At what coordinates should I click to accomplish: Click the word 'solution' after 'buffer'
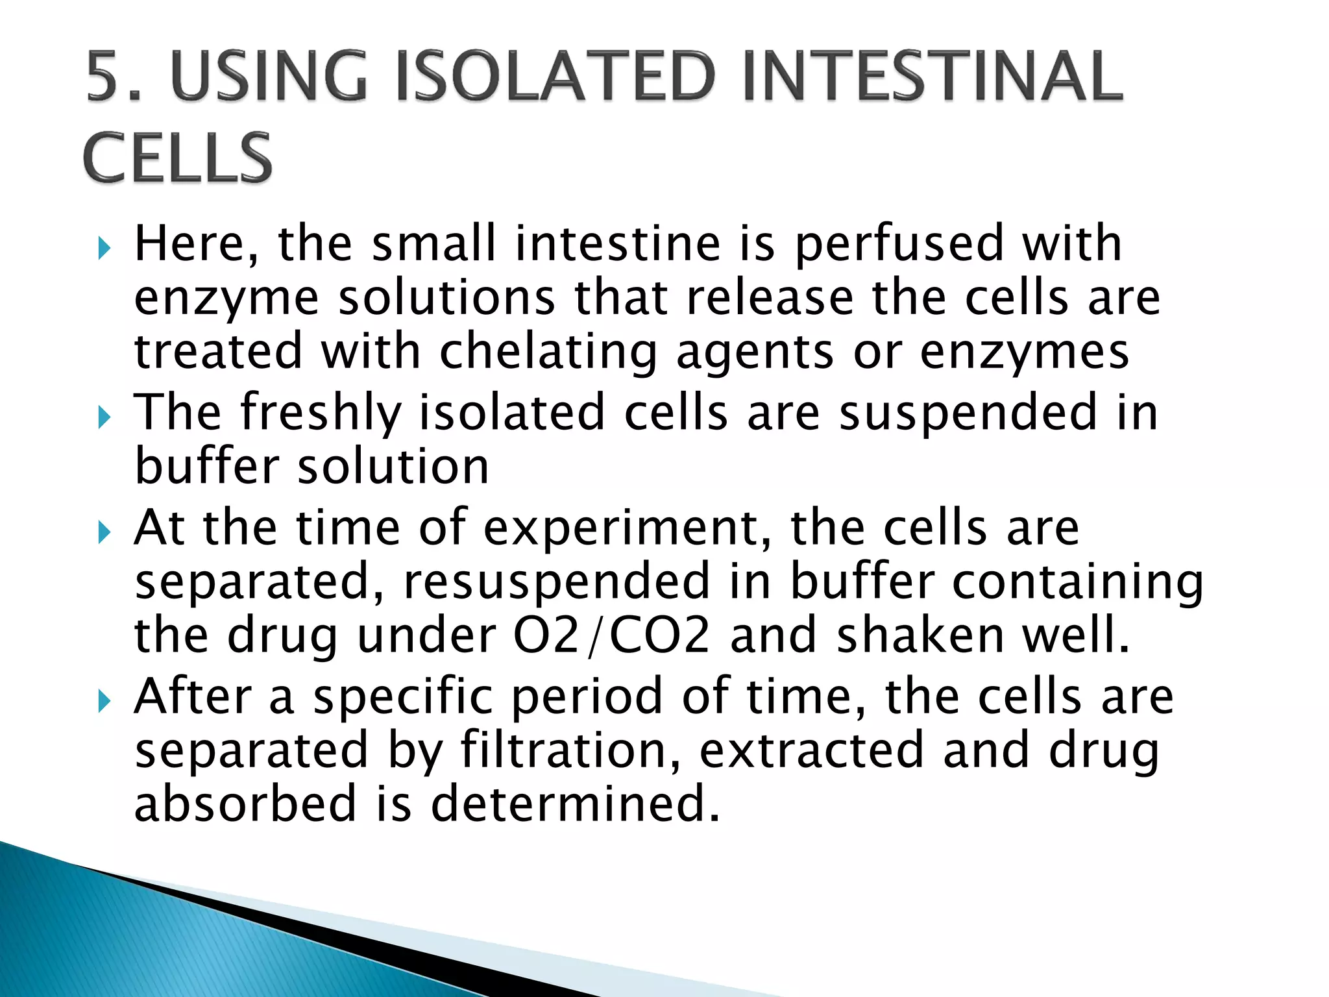[x=393, y=467]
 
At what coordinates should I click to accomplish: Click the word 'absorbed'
[x=245, y=804]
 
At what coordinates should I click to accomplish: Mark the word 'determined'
[x=575, y=804]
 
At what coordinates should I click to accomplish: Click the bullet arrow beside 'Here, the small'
[x=104, y=247]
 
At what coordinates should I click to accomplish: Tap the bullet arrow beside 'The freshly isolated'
[x=104, y=417]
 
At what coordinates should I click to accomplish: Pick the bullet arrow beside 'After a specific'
[x=104, y=700]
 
